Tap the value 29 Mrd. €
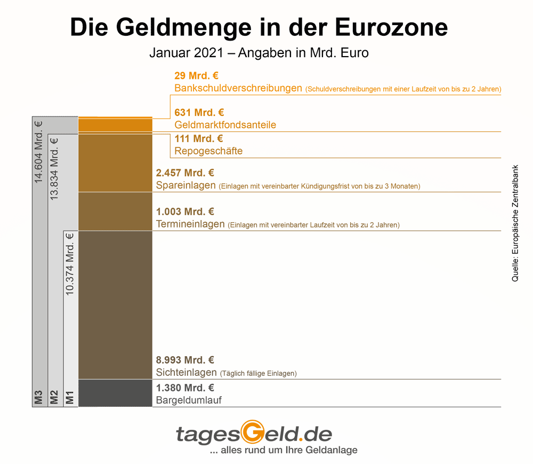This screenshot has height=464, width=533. (x=196, y=76)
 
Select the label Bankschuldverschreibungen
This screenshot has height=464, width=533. (x=238, y=88)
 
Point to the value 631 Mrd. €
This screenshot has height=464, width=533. (x=199, y=113)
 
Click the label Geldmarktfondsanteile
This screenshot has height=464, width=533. (x=225, y=125)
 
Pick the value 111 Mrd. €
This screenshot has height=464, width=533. (x=199, y=139)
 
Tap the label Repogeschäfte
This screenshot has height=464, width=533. (x=208, y=151)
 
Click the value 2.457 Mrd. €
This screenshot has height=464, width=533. (x=185, y=173)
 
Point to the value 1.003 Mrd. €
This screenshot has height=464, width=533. (x=185, y=212)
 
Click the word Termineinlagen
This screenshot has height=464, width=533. (x=190, y=224)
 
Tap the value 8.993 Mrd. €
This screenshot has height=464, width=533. (x=185, y=360)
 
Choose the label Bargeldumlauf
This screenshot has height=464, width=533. (x=189, y=400)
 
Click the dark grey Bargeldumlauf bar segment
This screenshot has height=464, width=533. (x=115, y=393)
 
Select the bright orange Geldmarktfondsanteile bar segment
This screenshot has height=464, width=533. (x=115, y=125)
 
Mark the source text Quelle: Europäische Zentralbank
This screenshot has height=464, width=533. (x=515, y=223)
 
